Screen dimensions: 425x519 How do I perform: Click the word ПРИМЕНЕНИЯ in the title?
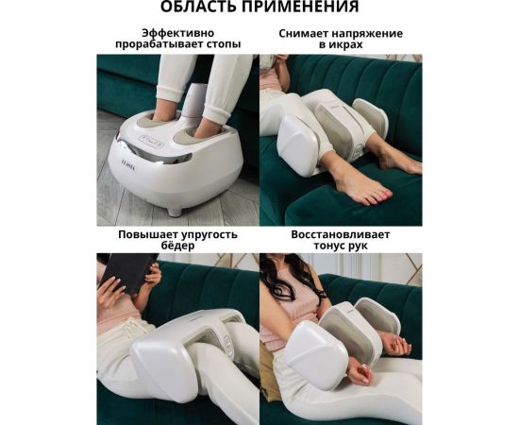301,8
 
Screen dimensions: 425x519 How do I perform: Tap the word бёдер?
177,246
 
